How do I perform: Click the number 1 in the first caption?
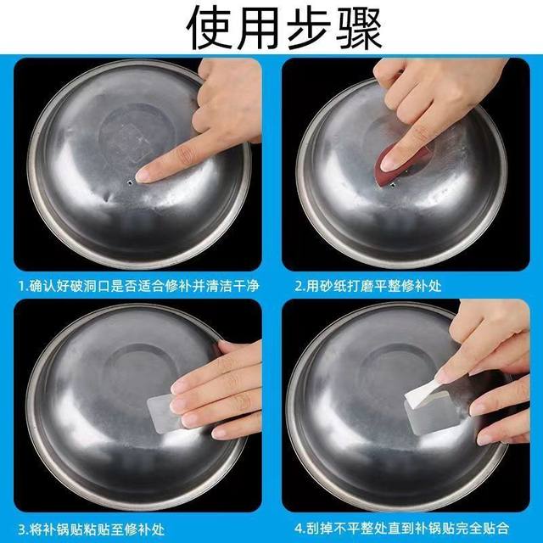coord(20,286)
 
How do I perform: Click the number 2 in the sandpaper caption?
coord(299,286)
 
